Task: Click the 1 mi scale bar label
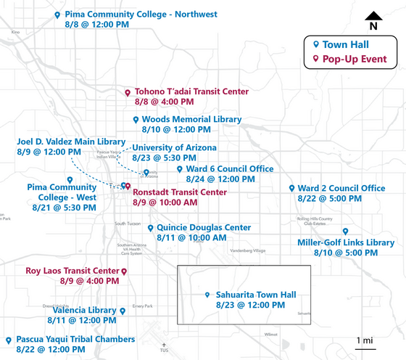click(365, 340)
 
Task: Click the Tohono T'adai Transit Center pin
click(128, 93)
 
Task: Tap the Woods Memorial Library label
click(191, 119)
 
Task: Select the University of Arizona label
click(175, 147)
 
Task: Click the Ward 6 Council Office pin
click(170, 169)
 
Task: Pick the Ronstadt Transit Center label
click(180, 192)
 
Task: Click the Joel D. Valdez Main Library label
click(71, 142)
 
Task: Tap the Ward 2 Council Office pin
click(291, 188)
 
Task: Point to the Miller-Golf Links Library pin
click(346, 231)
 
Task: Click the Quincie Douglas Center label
click(204, 227)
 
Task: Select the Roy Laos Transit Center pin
click(124, 271)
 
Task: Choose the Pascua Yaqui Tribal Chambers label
click(75, 339)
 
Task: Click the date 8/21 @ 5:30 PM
click(65, 208)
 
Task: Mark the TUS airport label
click(164, 351)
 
